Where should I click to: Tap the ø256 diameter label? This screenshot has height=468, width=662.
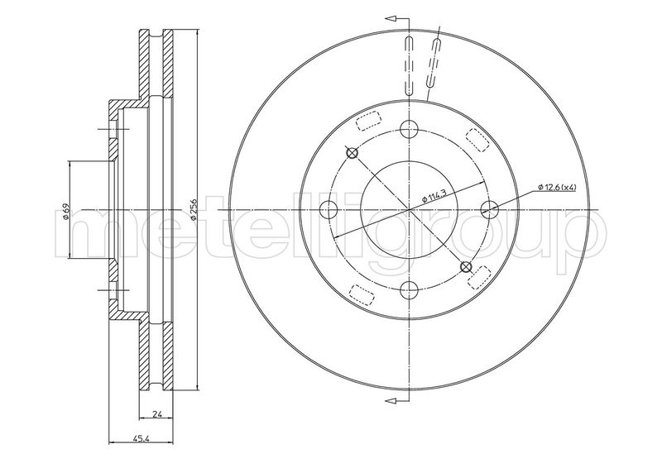(193, 209)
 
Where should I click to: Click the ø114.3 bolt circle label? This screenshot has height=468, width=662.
(434, 196)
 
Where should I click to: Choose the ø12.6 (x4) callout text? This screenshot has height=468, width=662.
(557, 188)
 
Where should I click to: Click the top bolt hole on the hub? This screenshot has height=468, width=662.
(409, 129)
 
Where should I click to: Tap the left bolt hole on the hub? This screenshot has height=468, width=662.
(329, 209)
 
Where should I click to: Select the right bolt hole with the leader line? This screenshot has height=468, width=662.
(490, 209)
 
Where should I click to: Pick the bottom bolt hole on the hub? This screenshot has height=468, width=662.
(409, 289)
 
